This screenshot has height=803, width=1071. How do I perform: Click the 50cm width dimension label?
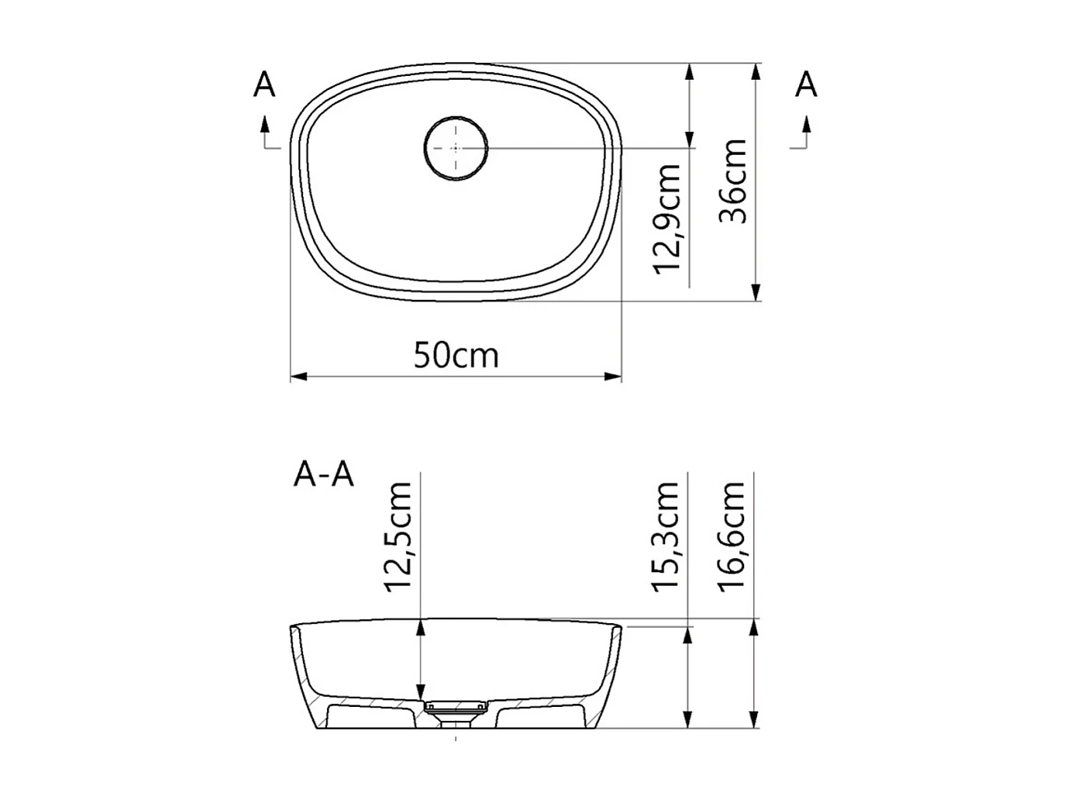pyautogui.click(x=456, y=355)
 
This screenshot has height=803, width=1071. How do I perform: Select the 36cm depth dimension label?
pyautogui.click(x=733, y=181)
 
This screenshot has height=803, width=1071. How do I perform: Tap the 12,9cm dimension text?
pyautogui.click(x=667, y=219)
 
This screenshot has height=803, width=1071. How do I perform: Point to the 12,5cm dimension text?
pyautogui.click(x=400, y=536)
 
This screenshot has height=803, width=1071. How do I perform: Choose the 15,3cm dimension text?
pyautogui.click(x=666, y=536)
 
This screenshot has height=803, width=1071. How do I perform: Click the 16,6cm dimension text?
pyautogui.click(x=733, y=536)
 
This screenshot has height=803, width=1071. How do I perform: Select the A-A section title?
pyautogui.click(x=324, y=474)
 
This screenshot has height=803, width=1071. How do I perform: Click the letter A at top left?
pyautogui.click(x=264, y=85)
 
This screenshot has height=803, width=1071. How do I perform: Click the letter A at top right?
pyautogui.click(x=807, y=85)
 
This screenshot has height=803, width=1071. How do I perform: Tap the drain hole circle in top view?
pyautogui.click(x=456, y=147)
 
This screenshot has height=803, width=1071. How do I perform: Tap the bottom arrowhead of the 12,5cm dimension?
pyautogui.click(x=421, y=691)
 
